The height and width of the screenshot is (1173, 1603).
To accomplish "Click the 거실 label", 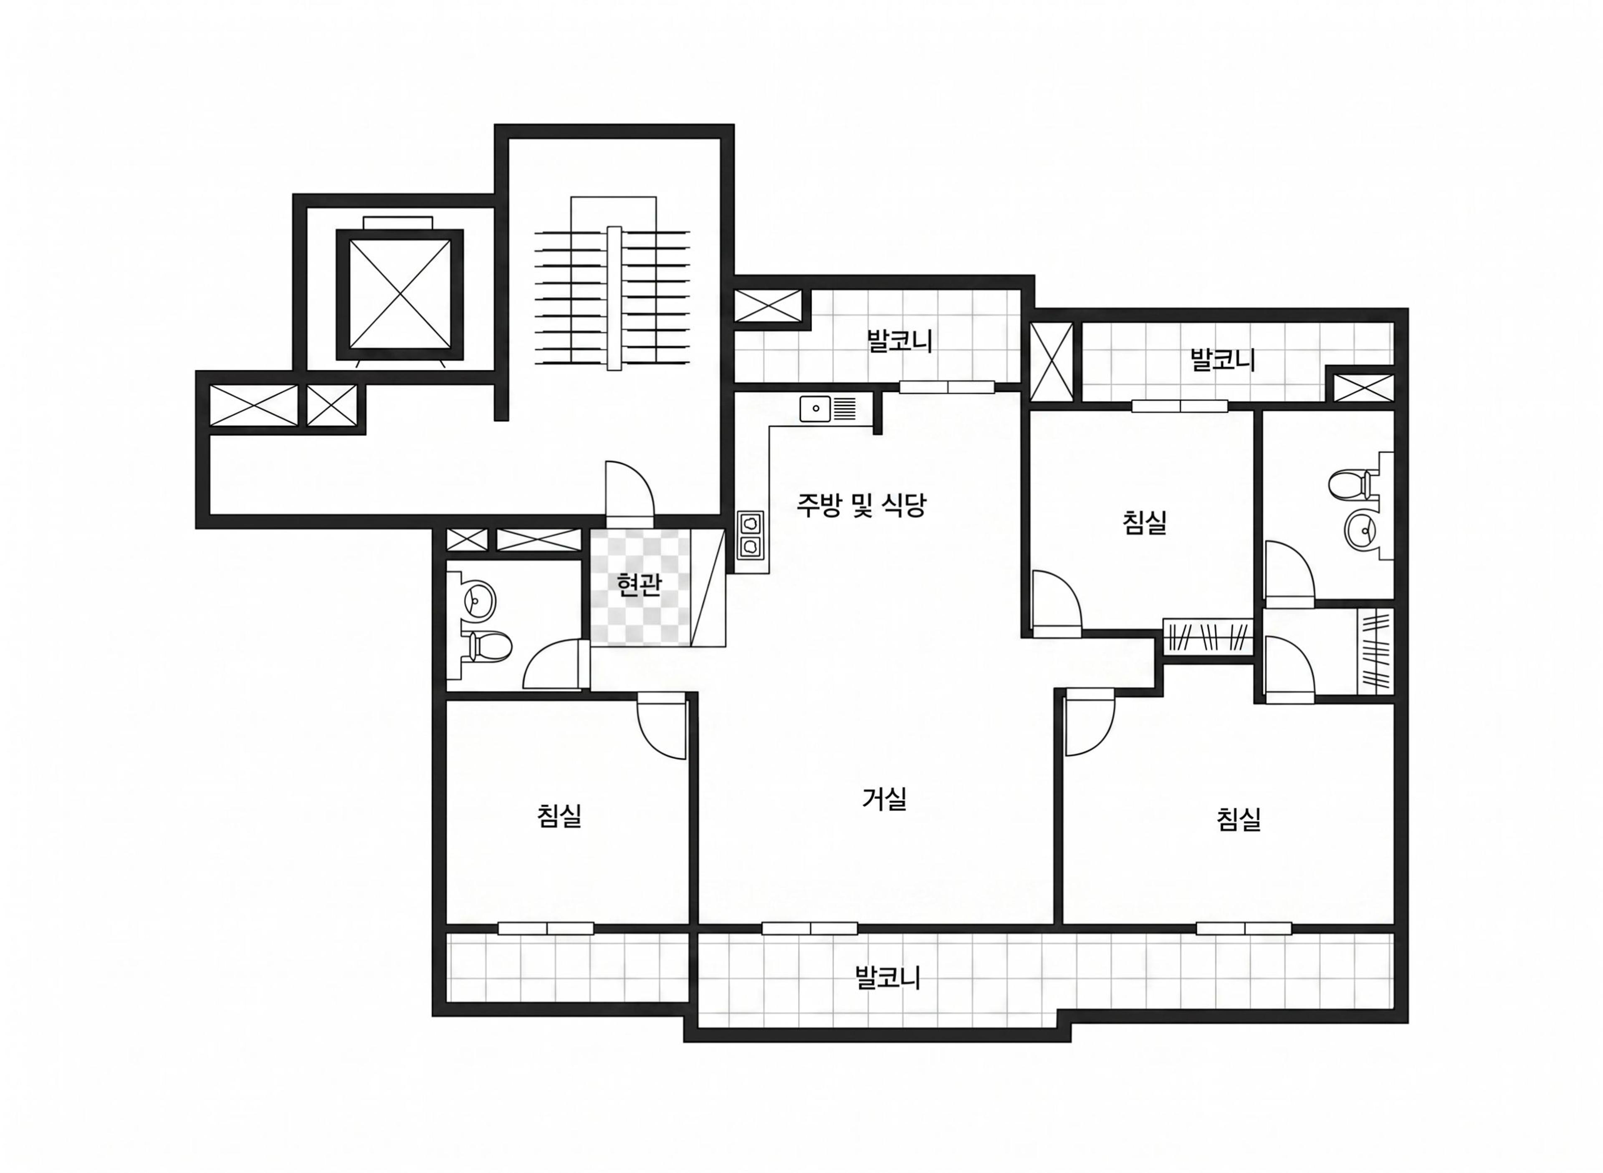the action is [x=884, y=800].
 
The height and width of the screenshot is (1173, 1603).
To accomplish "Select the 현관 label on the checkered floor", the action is [x=639, y=585].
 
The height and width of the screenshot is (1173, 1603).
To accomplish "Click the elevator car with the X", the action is [x=400, y=293].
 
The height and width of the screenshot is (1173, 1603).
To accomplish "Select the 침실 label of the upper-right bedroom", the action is [x=1145, y=522].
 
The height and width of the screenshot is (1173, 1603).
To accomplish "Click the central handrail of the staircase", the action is [x=614, y=298].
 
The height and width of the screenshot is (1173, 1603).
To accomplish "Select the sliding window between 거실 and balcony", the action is [x=810, y=928].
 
